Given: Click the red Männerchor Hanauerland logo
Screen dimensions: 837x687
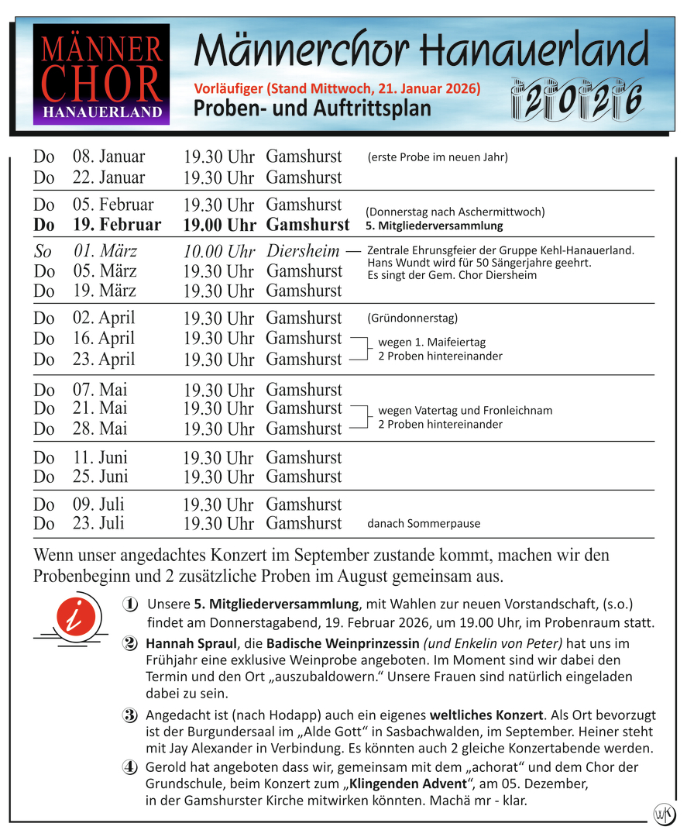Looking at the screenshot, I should [101, 74].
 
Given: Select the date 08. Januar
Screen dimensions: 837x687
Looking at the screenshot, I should [108, 157].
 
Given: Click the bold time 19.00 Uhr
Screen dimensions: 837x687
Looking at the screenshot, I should [219, 226].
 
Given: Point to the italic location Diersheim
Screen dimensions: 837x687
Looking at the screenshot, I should [304, 251].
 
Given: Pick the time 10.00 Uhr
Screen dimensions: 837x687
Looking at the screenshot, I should [219, 252].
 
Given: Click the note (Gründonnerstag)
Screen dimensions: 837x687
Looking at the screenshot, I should [412, 318].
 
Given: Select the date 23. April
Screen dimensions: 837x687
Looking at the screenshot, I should [104, 359].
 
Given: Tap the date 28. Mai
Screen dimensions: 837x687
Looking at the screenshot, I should [100, 429].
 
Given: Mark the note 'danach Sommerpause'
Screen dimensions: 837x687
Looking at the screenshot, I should [423, 523].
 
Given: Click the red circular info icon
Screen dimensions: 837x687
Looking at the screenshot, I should [77, 618].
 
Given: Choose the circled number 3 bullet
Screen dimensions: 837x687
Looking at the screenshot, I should [130, 715].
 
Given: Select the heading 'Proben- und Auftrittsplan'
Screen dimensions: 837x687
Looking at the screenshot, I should [312, 108].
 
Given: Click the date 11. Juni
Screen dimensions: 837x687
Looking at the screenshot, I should [100, 457].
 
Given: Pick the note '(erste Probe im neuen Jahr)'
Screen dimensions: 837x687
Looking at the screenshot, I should [438, 157].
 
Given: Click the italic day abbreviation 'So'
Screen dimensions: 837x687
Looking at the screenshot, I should [44, 252].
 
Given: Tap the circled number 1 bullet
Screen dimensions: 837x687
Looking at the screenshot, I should [130, 604].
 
